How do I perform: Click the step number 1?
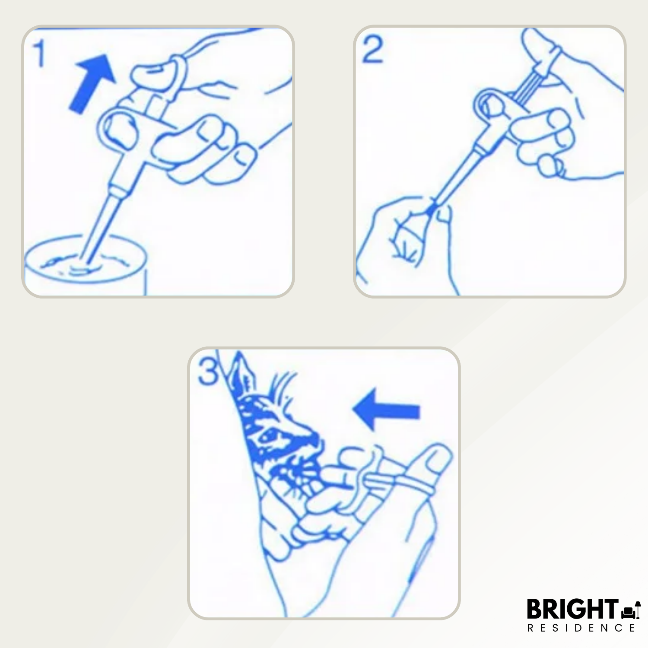pos(40,53)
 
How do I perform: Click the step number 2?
pos(372,50)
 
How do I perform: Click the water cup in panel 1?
pos(86,266)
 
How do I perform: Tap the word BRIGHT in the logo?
pos(572,609)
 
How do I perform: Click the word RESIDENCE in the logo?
pos(581,628)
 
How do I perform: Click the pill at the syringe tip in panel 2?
pos(430,210)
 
